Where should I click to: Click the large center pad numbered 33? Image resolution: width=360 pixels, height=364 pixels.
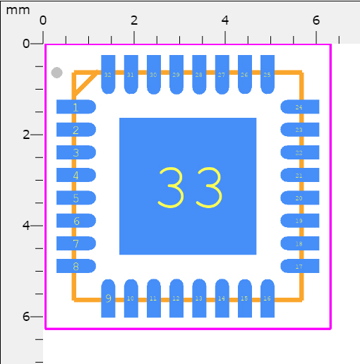[188, 186]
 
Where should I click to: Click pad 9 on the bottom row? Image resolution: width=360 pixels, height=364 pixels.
[108, 298]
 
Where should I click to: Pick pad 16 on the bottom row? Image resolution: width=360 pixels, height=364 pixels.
[267, 298]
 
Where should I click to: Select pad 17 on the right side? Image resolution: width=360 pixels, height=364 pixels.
[300, 267]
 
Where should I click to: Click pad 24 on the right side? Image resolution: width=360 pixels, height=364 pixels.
[300, 107]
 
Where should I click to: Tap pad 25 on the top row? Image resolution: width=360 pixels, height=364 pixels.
[267, 74]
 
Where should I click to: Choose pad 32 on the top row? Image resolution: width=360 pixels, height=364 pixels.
[108, 74]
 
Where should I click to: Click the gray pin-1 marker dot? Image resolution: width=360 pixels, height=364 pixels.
[57, 73]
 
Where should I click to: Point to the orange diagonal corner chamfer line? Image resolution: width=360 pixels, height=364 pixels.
[85, 85]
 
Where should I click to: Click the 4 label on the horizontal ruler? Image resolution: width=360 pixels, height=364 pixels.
[224, 20]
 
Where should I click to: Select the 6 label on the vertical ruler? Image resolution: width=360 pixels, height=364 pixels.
[26, 317]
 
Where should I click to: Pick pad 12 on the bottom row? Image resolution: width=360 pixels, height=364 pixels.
[176, 298]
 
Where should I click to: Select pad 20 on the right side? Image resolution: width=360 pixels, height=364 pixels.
[300, 198]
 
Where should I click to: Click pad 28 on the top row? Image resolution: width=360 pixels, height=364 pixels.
[198, 74]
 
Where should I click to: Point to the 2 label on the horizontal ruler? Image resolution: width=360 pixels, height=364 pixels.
[134, 20]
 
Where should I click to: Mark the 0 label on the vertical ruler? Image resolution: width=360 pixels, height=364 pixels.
[26, 44]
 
